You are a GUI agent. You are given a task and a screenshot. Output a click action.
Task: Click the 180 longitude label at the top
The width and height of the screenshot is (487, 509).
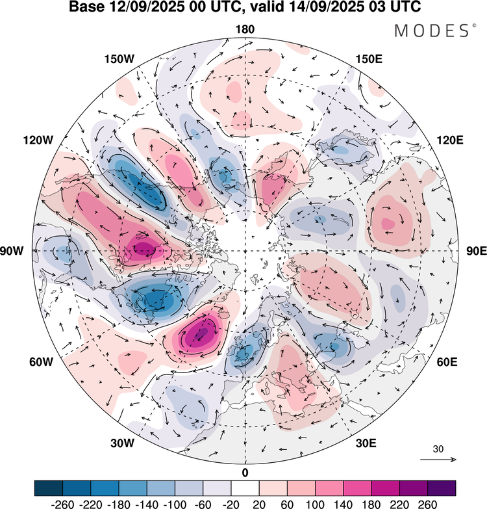245,29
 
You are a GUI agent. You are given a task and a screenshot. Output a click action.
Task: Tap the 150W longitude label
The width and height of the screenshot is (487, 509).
119,59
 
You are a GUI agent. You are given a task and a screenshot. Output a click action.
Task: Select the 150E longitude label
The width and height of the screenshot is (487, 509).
369,59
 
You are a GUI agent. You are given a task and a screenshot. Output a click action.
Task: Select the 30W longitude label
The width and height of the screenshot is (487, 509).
122,443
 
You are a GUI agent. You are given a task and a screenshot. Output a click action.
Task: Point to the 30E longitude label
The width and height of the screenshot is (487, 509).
367,443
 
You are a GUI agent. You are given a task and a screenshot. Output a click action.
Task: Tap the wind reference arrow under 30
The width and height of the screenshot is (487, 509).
438,460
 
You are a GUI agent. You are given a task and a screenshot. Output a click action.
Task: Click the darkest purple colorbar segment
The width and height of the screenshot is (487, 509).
441,488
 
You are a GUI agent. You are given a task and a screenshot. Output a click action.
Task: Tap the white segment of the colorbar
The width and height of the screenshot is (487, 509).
245,488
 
